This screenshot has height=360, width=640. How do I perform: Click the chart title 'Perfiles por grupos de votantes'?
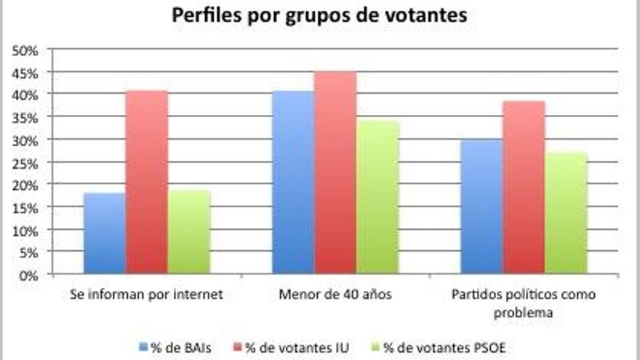(319, 15)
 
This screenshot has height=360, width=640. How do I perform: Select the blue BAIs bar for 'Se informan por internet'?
(105, 233)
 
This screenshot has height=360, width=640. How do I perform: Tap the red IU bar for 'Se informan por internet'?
(147, 183)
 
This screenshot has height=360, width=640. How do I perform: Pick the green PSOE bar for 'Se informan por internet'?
(189, 232)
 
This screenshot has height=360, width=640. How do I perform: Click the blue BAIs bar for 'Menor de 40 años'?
(293, 183)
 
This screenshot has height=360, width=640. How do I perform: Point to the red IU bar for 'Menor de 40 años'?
(335, 173)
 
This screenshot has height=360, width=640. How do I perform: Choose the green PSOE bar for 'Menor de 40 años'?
(377, 197)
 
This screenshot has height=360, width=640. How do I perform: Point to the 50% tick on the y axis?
(26, 49)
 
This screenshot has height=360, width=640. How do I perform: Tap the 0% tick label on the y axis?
(29, 275)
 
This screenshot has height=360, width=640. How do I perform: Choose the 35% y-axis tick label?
(26, 117)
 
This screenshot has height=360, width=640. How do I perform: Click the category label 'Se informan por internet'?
(147, 295)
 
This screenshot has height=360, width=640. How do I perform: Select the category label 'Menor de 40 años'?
(335, 295)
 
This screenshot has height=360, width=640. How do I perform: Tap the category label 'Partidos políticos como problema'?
(524, 303)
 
